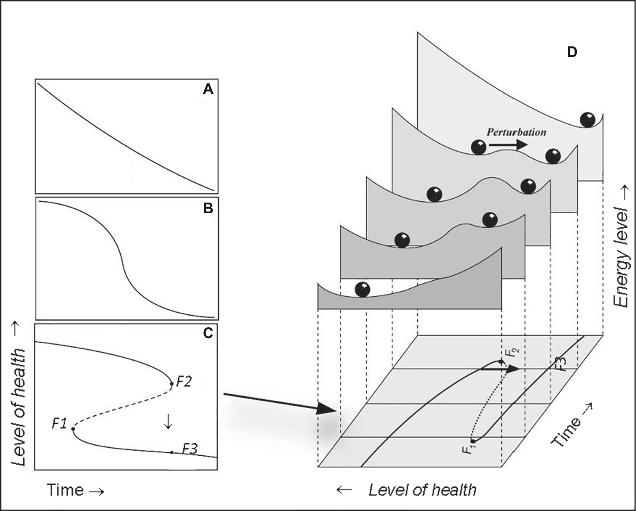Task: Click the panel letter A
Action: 208,90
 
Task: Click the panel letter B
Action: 208,209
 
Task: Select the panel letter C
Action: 208,333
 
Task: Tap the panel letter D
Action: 572,53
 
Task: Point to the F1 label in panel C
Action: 59,423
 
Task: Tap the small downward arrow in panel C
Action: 168,421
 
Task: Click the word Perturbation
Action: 516,132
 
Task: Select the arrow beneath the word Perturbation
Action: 508,145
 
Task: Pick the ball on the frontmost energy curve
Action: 362,289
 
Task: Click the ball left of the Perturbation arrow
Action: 479,147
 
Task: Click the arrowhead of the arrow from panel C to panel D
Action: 328,410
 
